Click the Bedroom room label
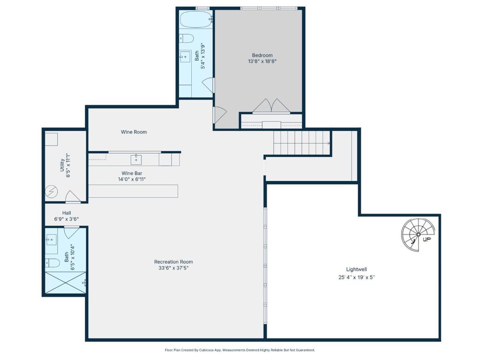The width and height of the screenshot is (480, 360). [x=262, y=55]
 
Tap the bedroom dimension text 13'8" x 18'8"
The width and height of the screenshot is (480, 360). [x=262, y=61]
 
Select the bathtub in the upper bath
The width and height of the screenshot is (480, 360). [x=196, y=20]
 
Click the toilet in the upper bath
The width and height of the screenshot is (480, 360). [x=187, y=38]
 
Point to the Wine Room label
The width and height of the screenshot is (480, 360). [x=134, y=132]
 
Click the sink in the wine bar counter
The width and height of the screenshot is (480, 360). [x=136, y=159]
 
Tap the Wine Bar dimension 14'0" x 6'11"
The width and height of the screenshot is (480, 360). [x=132, y=180]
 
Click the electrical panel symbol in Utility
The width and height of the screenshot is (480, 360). [x=52, y=192]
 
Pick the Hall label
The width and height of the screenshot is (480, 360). [x=67, y=213]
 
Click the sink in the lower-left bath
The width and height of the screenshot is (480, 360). [x=51, y=240]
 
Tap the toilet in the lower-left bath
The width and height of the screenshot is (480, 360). [x=52, y=262]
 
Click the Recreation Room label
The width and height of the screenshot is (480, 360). [x=173, y=262]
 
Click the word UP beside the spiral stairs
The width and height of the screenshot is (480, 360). [x=427, y=240]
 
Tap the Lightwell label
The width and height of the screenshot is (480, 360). [x=357, y=270]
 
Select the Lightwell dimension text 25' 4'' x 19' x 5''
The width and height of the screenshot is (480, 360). [x=357, y=277]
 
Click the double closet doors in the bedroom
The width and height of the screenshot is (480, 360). [x=271, y=106]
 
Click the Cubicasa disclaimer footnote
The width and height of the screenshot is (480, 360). [x=240, y=350]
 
